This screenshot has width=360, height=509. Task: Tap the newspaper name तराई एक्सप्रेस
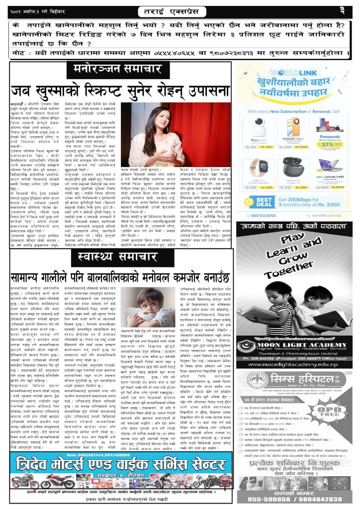[x=180, y=10]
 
